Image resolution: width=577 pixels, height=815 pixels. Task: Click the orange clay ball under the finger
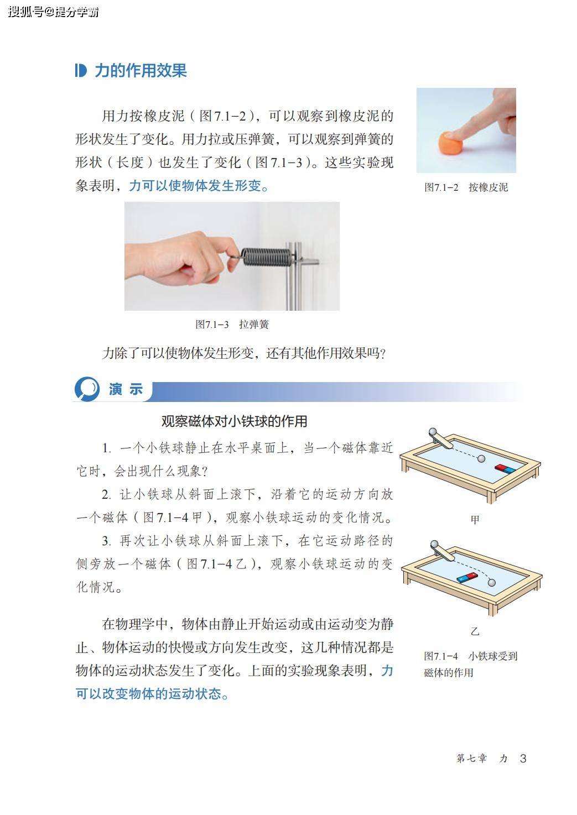pos(450,143)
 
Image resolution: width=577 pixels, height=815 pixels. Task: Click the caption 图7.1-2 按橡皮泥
pos(466,187)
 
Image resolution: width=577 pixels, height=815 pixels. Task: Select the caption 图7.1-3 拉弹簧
pos(232,324)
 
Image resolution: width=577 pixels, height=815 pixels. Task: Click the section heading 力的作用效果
pos(141,71)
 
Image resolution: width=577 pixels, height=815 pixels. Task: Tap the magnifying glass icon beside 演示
pos(87,389)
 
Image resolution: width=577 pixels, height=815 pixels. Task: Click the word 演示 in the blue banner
pos(125,389)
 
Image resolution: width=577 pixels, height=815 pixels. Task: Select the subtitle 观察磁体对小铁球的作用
pos(234,421)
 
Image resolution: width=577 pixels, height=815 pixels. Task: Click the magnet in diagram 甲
pos(505,469)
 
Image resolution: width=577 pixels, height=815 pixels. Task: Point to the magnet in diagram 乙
pos(467,577)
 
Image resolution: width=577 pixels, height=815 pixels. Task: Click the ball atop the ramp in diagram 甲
pos(433,432)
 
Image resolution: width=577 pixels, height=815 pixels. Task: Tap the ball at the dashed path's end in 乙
pos(491,583)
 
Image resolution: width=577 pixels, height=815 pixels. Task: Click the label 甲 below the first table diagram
pos(475,520)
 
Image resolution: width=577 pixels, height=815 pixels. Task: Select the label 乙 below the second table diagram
pos(475,631)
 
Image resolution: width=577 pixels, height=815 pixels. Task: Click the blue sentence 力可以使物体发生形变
pos(199,186)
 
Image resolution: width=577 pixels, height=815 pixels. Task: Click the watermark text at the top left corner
pos(53,12)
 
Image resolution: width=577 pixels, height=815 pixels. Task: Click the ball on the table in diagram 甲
pos(481,459)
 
